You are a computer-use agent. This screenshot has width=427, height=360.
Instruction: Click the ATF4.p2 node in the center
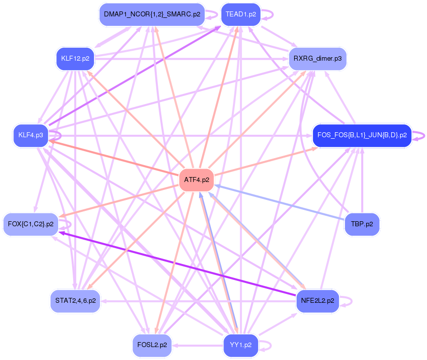point(196,180)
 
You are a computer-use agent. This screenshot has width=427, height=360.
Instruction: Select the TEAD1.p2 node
point(240,14)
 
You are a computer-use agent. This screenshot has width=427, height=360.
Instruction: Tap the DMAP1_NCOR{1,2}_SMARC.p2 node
point(152,14)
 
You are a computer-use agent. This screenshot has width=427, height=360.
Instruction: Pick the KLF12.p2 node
point(75,59)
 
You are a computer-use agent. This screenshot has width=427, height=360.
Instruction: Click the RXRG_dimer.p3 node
point(318,59)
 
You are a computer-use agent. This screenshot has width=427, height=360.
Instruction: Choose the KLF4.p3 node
point(30,135)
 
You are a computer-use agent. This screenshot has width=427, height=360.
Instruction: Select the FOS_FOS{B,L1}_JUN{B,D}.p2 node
point(362,135)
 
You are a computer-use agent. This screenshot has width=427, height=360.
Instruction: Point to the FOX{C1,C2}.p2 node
point(31,224)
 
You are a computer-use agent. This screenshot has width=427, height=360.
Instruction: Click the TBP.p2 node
point(362,224)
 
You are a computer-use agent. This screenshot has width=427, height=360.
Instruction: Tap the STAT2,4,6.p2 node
point(75,301)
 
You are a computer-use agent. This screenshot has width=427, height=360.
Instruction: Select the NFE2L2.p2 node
point(318,301)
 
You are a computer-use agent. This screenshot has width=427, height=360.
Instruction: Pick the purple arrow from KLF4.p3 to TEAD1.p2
point(134,75)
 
